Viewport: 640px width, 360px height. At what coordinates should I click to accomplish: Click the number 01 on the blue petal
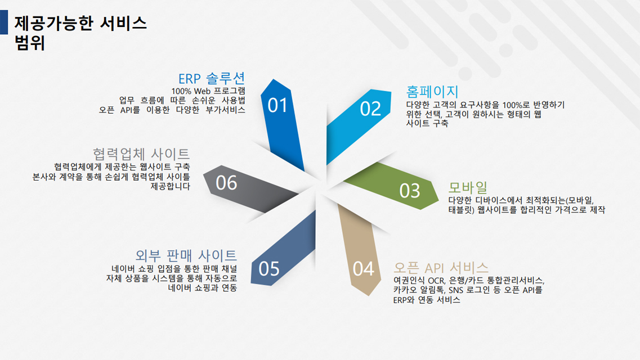click(x=278, y=106)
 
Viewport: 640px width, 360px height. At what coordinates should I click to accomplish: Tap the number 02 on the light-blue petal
click(x=370, y=109)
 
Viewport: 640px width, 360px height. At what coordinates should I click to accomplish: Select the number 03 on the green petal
click(x=409, y=191)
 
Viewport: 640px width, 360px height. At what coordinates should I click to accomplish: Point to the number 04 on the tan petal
click(x=363, y=269)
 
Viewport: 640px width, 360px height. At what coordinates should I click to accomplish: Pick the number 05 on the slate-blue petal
click(x=269, y=269)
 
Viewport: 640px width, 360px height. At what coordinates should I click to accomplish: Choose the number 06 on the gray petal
click(x=226, y=183)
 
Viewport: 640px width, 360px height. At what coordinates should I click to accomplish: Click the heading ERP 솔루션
click(x=212, y=78)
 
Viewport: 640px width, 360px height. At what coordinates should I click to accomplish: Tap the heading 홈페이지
click(x=432, y=91)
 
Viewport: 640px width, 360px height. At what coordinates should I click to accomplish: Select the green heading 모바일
click(x=468, y=187)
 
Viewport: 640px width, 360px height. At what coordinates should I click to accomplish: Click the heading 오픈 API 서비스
click(x=441, y=268)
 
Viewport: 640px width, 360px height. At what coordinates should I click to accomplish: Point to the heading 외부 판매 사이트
click(x=186, y=255)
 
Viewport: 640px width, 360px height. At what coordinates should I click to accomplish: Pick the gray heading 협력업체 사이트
click(x=141, y=154)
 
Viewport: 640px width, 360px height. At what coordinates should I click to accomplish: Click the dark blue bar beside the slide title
click(x=4, y=22)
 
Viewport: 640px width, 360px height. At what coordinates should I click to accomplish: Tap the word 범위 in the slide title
click(x=29, y=43)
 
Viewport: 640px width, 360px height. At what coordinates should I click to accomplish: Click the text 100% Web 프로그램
click(x=208, y=91)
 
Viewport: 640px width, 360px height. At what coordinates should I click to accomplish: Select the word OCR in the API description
click(x=436, y=281)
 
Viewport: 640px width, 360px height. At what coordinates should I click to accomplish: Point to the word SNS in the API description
click(x=456, y=290)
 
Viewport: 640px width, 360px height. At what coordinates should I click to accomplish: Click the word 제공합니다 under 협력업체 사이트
click(x=170, y=186)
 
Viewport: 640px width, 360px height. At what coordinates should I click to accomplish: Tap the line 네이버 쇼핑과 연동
click(x=203, y=288)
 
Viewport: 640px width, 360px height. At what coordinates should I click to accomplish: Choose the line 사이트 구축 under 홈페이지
click(x=427, y=123)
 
